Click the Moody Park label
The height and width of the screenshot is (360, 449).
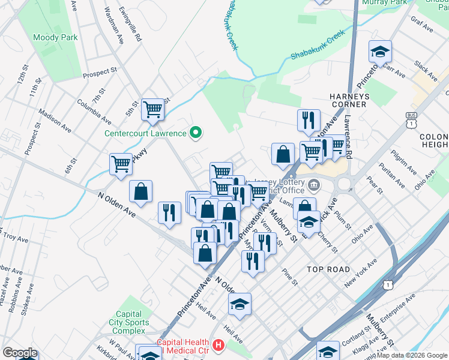pos(56,37)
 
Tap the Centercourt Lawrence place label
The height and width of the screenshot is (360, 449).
pos(146,133)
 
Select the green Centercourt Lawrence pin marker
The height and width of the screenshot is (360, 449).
pos(195,133)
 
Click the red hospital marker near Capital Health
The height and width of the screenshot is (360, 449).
pos(218,346)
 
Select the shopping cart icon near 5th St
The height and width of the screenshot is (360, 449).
pos(153,109)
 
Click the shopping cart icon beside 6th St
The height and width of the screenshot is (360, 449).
pos(121,163)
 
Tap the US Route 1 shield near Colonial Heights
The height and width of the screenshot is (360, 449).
pos(411,122)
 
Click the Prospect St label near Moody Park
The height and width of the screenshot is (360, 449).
pos(100,73)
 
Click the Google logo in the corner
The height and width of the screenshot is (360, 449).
pos(20,353)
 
